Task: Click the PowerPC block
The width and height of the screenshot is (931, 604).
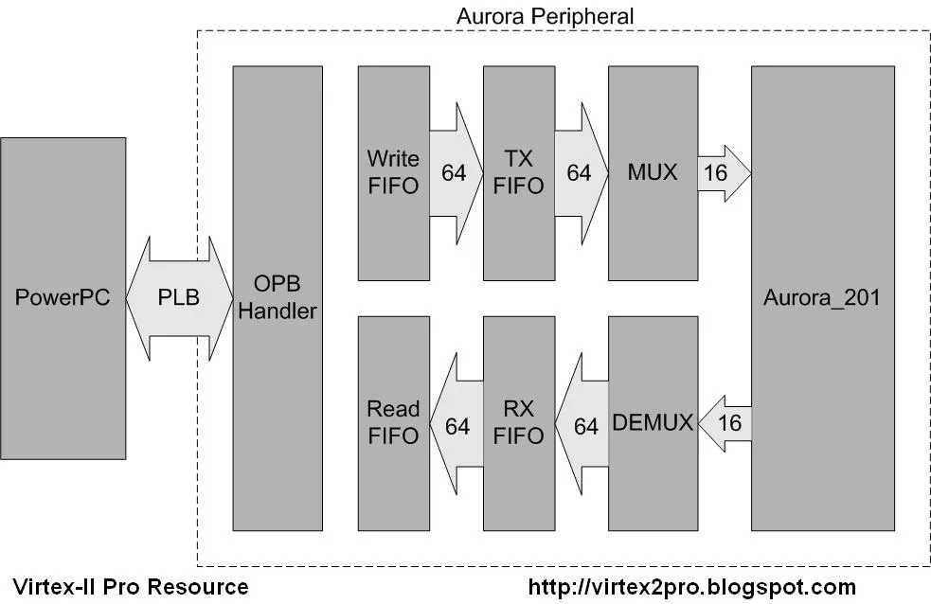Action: [63, 297]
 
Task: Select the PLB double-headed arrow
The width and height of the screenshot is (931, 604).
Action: [179, 297]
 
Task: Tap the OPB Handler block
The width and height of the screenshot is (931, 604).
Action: [278, 297]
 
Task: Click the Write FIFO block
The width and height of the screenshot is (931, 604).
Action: [393, 172]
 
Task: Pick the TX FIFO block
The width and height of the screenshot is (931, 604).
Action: [518, 172]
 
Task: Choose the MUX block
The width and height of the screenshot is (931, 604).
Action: [653, 172]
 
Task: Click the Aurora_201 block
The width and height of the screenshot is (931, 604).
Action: [822, 297]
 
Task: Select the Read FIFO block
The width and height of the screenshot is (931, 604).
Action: [393, 422]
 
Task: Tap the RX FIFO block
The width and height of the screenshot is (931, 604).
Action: [518, 422]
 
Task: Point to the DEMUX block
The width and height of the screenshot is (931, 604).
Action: [653, 422]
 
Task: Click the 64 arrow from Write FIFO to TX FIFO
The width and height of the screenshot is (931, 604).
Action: [455, 173]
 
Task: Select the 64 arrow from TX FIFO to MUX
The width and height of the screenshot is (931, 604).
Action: [580, 173]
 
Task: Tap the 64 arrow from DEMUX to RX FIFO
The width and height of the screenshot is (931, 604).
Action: [583, 426]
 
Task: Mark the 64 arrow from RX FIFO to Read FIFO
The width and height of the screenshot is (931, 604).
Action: [457, 426]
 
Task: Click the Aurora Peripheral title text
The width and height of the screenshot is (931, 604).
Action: [545, 16]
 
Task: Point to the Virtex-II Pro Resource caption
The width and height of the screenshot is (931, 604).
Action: [131, 587]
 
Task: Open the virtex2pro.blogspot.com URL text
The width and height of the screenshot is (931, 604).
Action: [691, 587]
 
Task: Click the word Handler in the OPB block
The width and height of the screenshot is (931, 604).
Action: [278, 311]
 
